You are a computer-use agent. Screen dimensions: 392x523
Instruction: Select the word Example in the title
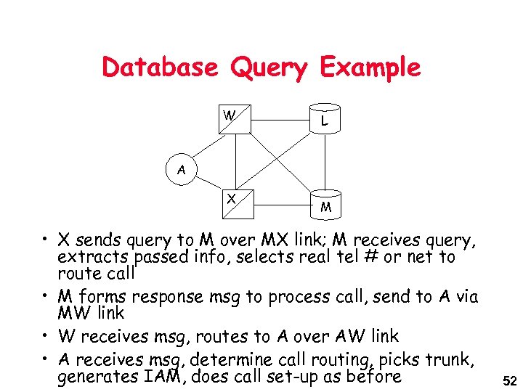(370, 68)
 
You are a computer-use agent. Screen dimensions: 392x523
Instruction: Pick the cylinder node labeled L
(324, 120)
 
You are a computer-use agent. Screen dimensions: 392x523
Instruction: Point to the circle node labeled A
(182, 171)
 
